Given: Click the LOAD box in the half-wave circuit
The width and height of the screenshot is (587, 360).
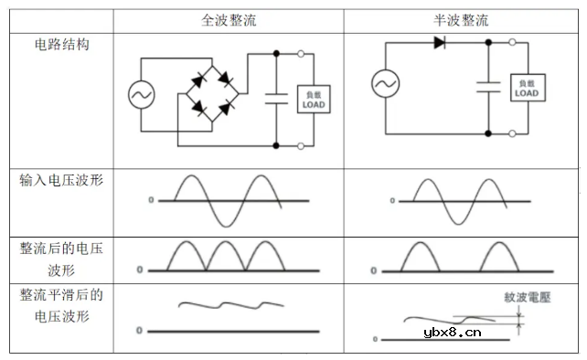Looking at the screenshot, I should click(527, 88).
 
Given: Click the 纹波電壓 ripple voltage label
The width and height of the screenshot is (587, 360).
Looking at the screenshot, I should click(528, 297).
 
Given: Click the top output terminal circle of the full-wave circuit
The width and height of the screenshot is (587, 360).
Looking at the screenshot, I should click(303, 55).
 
